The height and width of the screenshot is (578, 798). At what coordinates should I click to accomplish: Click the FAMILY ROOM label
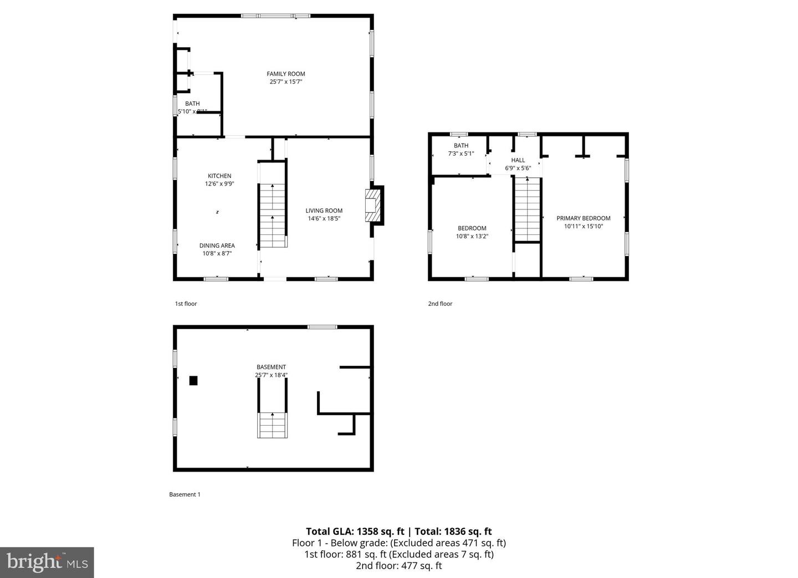point(285,74)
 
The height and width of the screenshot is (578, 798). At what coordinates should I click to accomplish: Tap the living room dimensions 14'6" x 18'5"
point(324,218)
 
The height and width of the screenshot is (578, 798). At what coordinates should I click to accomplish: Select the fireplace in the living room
point(374,206)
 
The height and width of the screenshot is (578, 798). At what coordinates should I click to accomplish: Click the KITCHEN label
point(219,176)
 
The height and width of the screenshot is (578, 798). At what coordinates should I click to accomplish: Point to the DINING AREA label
point(217,245)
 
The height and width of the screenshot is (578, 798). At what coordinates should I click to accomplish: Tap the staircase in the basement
point(272,425)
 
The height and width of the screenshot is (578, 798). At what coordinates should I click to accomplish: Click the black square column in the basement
point(193,380)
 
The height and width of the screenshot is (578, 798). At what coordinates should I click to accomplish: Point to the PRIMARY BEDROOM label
point(583,218)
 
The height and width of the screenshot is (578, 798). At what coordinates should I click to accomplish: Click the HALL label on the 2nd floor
point(518,160)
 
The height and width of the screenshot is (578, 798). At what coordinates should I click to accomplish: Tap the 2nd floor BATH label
point(461,146)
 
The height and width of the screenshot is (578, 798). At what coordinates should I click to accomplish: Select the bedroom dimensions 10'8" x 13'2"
point(472,236)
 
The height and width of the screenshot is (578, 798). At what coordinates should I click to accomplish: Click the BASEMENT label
point(271,367)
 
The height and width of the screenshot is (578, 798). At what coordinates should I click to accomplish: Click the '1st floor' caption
point(186,304)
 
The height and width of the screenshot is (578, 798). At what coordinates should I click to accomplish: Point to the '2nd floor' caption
point(440,304)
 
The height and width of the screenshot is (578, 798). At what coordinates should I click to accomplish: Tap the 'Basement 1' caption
point(185,494)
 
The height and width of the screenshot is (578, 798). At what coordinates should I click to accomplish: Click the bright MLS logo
point(47,562)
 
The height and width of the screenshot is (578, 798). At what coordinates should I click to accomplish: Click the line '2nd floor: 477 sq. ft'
point(398,566)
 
